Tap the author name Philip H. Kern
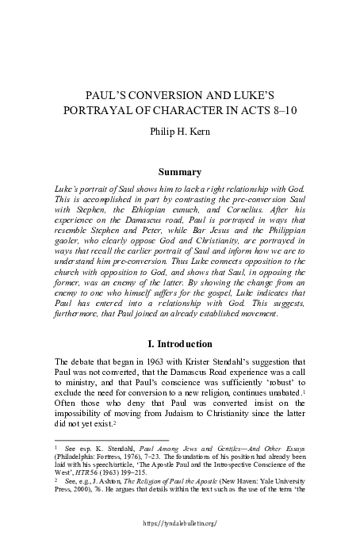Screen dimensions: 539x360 [x=179, y=129]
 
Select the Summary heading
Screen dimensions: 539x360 [x=180, y=171]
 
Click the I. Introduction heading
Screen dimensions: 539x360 [x=180, y=344]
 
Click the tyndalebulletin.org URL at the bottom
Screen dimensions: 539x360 [x=179, y=525]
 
